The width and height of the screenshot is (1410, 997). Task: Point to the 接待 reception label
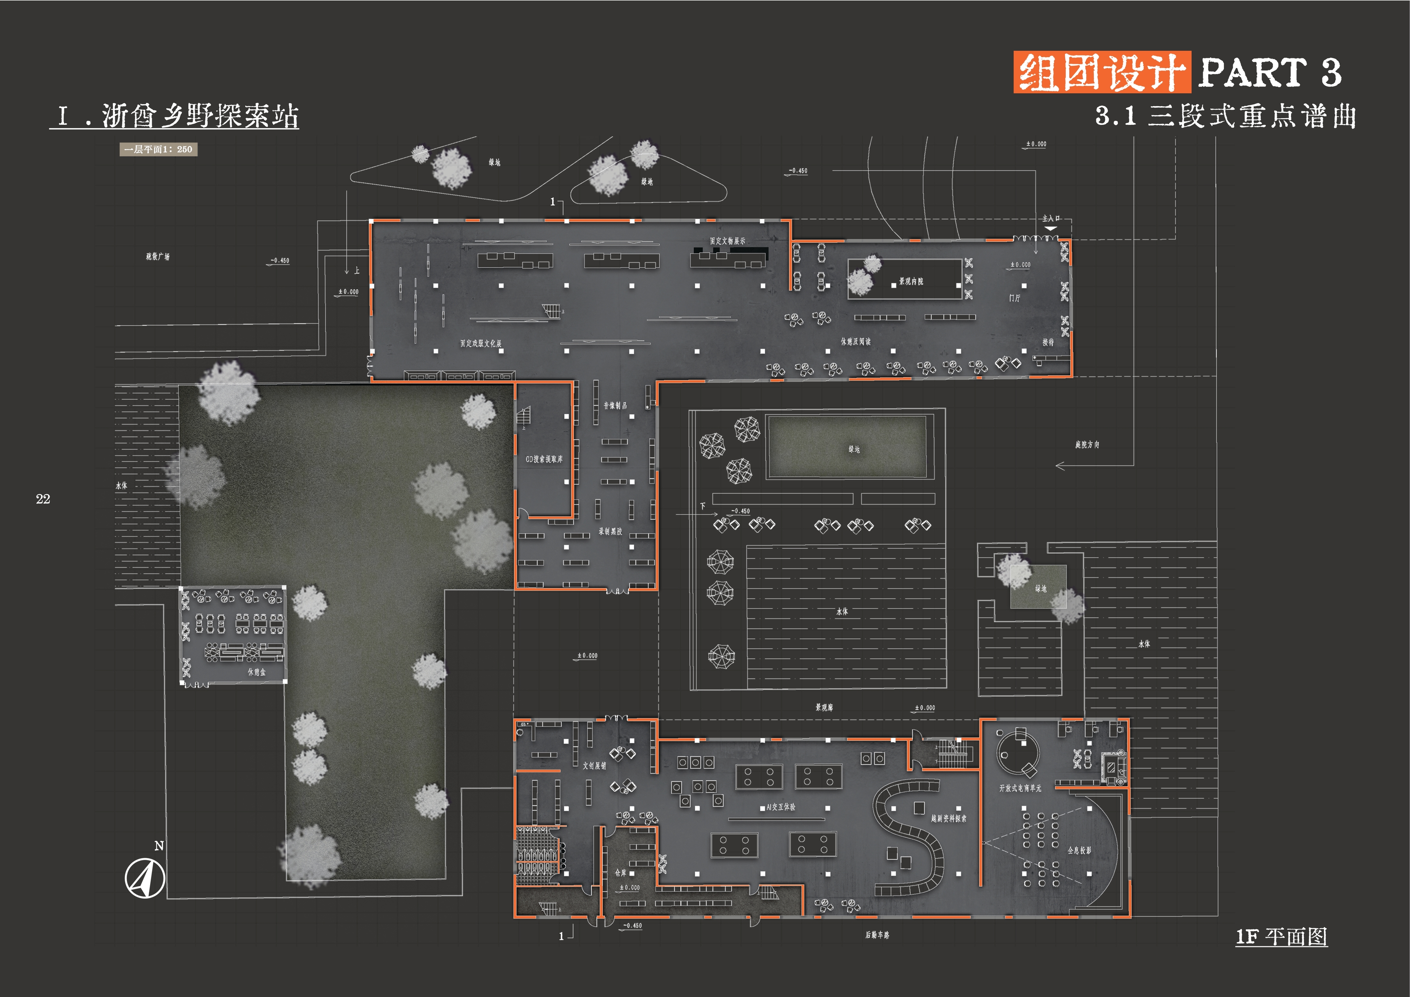pyautogui.click(x=1048, y=342)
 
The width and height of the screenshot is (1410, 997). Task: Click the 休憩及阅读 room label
pyautogui.click(x=856, y=341)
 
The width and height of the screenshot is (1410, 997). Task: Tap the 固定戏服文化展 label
pyautogui.click(x=481, y=344)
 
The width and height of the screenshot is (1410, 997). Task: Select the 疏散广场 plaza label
pyautogui.click(x=158, y=257)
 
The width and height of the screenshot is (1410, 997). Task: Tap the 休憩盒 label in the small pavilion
pyautogui.click(x=257, y=672)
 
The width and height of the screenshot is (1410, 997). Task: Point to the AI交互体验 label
pyautogui.click(x=781, y=807)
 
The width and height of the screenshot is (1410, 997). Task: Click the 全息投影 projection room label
pyautogui.click(x=1079, y=850)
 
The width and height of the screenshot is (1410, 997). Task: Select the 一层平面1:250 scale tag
pyautogui.click(x=158, y=149)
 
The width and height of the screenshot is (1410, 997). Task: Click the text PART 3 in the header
pyautogui.click(x=1269, y=72)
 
